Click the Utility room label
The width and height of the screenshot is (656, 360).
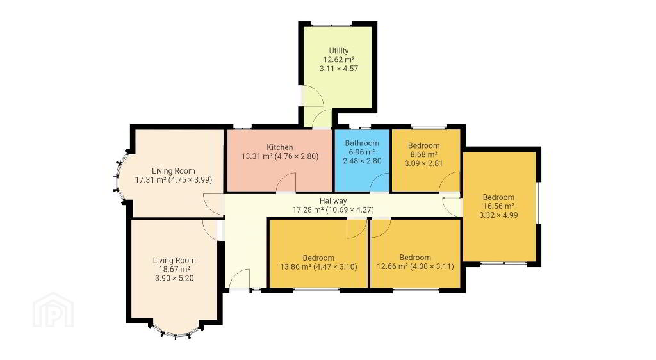pos(338,51)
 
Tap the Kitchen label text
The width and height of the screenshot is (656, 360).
pos(280,147)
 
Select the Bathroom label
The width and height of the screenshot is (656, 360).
pos(362,143)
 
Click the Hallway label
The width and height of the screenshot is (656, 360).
pos(333,200)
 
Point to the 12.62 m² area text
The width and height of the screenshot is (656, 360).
pos(338,60)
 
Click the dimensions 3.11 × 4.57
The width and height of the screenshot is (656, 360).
pos(338,69)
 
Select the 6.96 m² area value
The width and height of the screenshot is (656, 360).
pos(362,152)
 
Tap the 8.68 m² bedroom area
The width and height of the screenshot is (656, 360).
pos(424,154)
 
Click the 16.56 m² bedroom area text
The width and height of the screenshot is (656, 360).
pos(498,206)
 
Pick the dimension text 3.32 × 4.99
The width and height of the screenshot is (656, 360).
pos(498,215)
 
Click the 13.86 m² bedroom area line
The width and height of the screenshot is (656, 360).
pos(318,266)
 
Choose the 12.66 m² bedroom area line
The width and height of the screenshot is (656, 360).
pos(415,266)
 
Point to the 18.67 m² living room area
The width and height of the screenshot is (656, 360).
pos(174,269)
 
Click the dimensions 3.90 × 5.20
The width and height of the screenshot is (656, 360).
pos(174,279)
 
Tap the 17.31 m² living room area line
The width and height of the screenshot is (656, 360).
pos(173,180)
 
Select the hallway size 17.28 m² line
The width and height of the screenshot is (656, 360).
pos(333,210)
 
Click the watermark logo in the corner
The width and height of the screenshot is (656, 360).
pos(53,309)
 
